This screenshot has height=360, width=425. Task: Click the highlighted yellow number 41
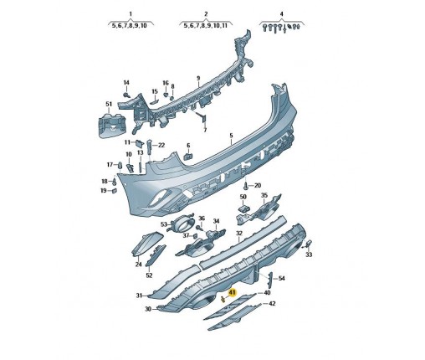pos(232,292)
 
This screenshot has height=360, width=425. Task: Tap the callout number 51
pos(109,104)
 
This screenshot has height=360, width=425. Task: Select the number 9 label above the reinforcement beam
pos(198,78)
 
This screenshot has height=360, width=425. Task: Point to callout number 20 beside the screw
pos(258,185)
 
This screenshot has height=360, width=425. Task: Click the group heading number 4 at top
pos(282,13)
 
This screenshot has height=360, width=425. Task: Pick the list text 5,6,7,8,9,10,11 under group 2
pos(206,26)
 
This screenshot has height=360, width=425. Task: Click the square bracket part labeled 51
pos(112,126)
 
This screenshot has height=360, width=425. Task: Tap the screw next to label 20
pos(246,186)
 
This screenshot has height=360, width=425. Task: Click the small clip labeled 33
pos(309,244)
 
